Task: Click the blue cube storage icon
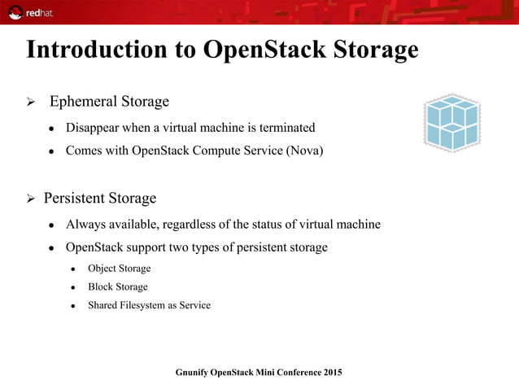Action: [x=451, y=122]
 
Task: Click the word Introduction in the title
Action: [x=102, y=50]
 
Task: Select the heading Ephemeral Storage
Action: [x=109, y=102]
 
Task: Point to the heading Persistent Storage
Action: [x=100, y=199]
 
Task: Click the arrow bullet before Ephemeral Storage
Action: [x=31, y=103]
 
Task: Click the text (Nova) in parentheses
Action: [x=304, y=151]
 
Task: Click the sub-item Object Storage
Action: [x=119, y=269]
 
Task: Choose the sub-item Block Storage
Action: [x=118, y=287]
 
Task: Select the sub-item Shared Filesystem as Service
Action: [x=149, y=306]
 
